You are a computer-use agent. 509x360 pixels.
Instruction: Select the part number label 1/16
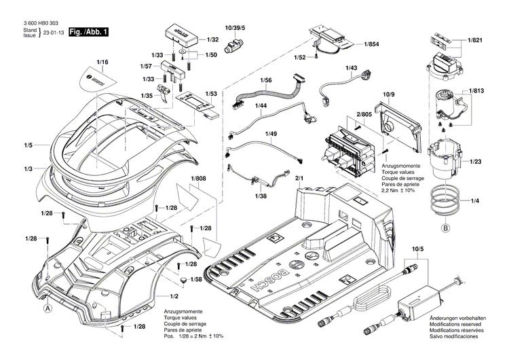pos(102,62)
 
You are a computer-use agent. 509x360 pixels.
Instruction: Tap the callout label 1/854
pos(371,44)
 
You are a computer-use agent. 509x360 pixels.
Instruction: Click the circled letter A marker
pos(48,308)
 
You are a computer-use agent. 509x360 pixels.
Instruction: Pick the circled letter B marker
pos(447,228)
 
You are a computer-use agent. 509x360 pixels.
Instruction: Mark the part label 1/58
pos(196,279)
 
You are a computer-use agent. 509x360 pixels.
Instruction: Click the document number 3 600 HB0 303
pos(43,24)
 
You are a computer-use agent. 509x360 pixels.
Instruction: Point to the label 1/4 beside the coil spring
pos(474,200)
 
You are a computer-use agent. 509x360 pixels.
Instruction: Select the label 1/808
pos(198,179)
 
